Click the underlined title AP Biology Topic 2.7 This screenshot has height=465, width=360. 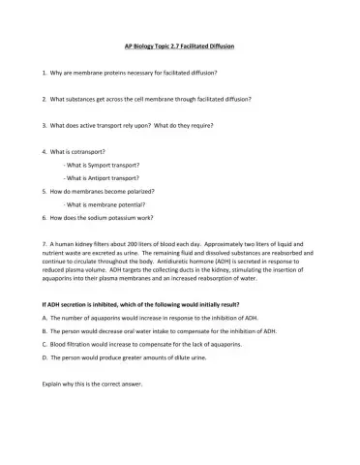180,46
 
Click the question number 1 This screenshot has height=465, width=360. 45,73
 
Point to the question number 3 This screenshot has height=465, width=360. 45,125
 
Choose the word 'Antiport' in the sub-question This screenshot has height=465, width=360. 95,178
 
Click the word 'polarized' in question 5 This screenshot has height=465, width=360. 135,192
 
